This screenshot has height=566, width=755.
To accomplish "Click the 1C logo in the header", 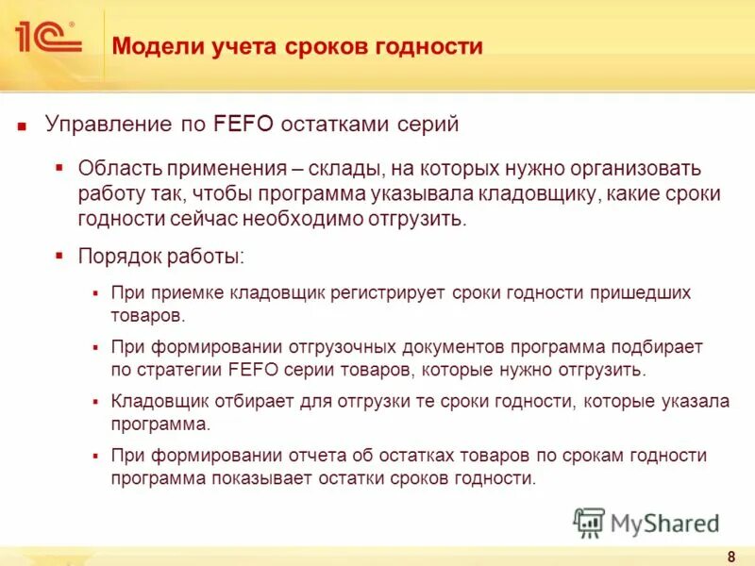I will click(46, 37).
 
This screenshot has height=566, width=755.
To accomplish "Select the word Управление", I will click(108, 124).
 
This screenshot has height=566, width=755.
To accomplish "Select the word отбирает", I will click(241, 402).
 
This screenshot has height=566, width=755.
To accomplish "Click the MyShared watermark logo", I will click(646, 522).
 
